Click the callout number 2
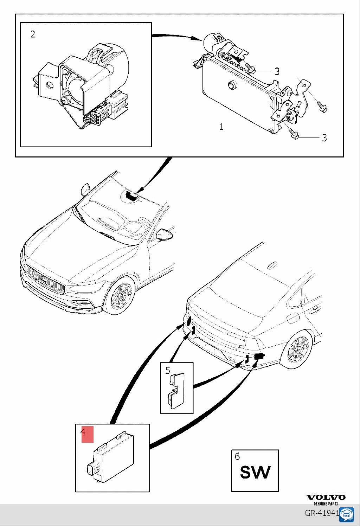pos(33,34)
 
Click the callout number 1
pos(221,127)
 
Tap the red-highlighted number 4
pos(84,432)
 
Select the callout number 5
pos(168,370)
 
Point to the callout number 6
pos(237,456)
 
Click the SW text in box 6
pos(255,472)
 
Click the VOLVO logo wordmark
pos(326,497)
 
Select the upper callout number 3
pos(277,71)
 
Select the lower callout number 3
pos(324,138)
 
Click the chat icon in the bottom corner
pos(348,514)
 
